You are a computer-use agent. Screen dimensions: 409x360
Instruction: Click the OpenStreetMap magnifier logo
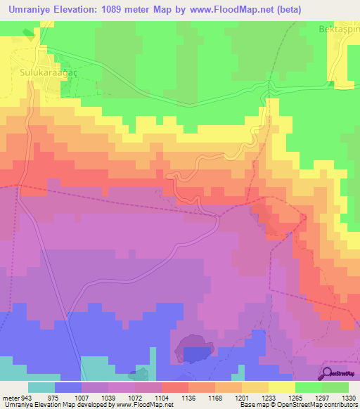pyautogui.click(x=328, y=373)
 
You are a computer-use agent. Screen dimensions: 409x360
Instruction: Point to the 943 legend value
pyautogui.click(x=22, y=398)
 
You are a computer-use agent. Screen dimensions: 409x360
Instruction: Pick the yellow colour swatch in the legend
pyautogui.click(x=281, y=387)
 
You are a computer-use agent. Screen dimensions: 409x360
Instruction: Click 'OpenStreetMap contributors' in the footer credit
pyautogui.click(x=321, y=405)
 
